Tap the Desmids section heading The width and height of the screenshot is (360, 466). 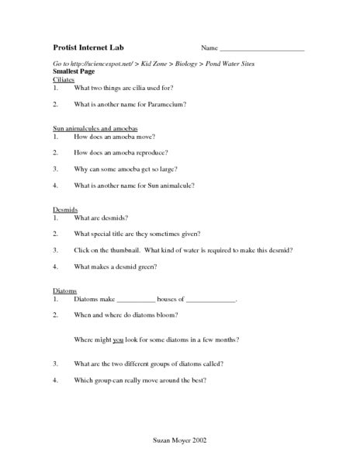(x=65, y=209)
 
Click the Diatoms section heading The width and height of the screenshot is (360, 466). (x=65, y=290)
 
